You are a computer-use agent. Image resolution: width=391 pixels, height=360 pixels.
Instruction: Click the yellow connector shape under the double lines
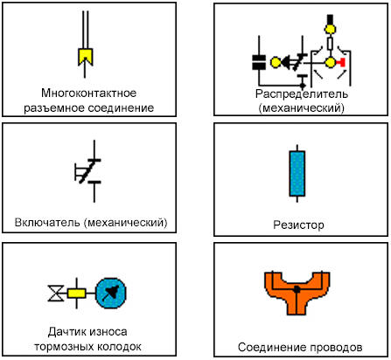click(85, 57)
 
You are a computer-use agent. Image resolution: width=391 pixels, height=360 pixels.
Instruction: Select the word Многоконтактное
click(89, 93)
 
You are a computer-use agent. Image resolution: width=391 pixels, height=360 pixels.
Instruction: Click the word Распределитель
click(302, 93)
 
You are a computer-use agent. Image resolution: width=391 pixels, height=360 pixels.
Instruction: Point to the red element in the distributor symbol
click(341, 62)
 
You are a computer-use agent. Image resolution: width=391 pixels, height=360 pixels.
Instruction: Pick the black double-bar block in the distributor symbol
click(259, 62)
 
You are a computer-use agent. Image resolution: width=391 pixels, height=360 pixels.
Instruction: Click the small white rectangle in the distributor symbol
click(330, 44)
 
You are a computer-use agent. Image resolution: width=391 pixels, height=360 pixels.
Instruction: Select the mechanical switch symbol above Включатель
click(88, 171)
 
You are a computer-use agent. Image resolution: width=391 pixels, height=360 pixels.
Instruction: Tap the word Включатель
click(47, 223)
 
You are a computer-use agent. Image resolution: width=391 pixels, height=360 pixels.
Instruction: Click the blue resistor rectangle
click(297, 173)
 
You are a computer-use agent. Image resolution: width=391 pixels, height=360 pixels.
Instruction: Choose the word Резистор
click(298, 225)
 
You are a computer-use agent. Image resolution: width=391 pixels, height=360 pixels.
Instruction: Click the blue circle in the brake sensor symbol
click(111, 293)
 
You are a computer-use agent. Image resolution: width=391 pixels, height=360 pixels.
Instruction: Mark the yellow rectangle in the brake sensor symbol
click(77, 293)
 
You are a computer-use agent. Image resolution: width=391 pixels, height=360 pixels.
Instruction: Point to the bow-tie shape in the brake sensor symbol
click(56, 293)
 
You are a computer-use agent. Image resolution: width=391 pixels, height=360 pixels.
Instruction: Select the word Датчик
click(66, 332)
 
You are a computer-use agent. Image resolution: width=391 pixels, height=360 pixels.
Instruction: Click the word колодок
click(119, 347)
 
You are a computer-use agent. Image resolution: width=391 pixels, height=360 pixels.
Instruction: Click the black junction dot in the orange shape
click(297, 289)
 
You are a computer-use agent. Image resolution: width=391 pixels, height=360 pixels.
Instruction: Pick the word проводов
click(336, 347)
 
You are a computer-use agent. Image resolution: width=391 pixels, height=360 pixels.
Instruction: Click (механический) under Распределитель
click(302, 108)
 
